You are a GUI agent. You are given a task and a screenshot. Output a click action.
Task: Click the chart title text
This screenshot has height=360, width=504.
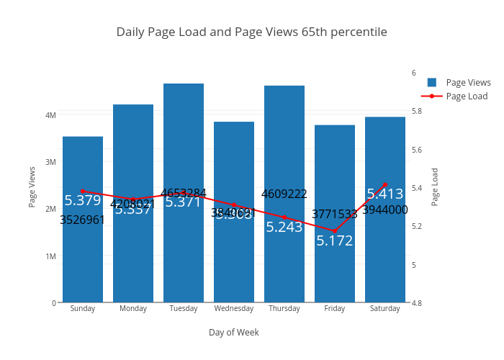click(x=251, y=32)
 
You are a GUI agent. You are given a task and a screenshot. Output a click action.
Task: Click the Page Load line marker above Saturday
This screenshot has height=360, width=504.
click(x=385, y=185)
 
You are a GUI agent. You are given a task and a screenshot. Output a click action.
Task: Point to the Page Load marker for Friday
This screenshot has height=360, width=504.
click(x=335, y=230)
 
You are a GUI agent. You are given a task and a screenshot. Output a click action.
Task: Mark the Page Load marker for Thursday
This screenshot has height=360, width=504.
click(x=284, y=217)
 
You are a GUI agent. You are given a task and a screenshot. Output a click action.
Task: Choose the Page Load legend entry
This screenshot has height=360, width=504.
click(x=467, y=96)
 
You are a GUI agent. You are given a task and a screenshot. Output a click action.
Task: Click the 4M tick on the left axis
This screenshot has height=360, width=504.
click(x=50, y=114)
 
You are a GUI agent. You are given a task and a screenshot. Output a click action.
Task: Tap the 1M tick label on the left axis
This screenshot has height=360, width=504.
click(x=50, y=256)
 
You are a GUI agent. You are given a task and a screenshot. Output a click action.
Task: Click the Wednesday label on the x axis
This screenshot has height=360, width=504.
click(x=234, y=309)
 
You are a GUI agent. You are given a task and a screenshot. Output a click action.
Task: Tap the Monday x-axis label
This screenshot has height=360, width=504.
click(x=133, y=309)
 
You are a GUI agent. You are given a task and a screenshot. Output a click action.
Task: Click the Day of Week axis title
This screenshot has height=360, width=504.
click(x=234, y=333)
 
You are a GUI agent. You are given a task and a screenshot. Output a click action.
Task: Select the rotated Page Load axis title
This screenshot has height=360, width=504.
click(x=435, y=187)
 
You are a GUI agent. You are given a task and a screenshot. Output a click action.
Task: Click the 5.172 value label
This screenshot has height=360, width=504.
click(x=335, y=240)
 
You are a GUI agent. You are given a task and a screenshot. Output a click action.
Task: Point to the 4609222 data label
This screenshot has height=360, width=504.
click(x=284, y=194)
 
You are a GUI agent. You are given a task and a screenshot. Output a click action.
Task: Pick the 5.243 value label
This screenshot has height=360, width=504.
click(x=284, y=227)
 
